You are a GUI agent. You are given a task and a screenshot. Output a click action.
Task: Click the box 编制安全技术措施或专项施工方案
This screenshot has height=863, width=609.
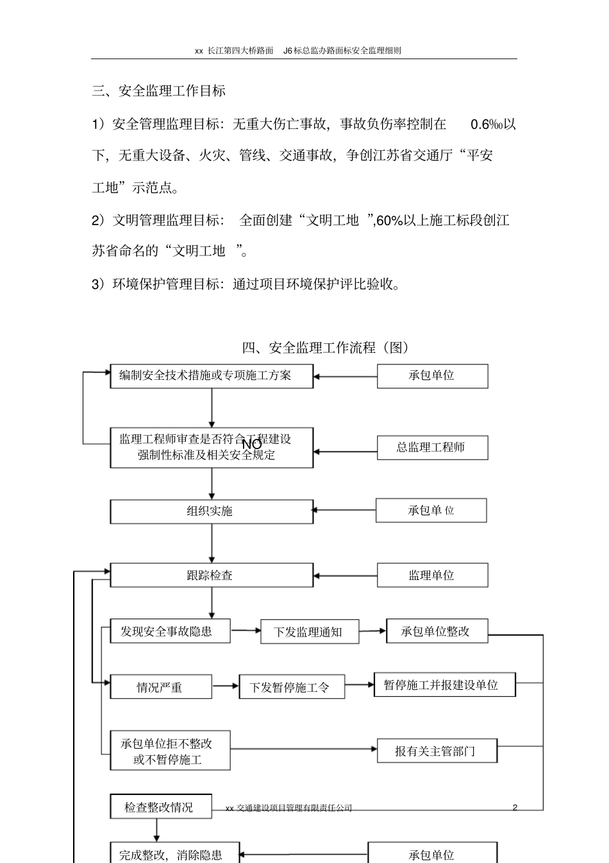click(x=212, y=376)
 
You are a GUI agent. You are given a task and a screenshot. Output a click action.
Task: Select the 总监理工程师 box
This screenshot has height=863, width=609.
click(x=432, y=448)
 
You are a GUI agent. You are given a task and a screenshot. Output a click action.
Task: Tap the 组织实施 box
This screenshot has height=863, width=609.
click(x=212, y=511)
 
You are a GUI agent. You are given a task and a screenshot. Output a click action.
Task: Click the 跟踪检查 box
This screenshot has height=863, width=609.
click(x=212, y=575)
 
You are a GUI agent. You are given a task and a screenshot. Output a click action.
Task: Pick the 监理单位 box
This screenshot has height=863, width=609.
click(x=432, y=576)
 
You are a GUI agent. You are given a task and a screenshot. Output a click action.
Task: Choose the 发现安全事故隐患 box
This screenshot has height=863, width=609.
click(x=170, y=631)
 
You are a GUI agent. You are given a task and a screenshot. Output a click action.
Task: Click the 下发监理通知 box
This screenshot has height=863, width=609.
click(x=310, y=632)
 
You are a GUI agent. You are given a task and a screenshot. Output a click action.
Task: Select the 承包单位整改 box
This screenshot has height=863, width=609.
click(x=437, y=631)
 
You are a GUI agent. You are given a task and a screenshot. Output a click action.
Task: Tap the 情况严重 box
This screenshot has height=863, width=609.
click(x=161, y=687)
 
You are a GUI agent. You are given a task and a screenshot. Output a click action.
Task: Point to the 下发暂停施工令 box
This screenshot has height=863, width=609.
click(x=292, y=688)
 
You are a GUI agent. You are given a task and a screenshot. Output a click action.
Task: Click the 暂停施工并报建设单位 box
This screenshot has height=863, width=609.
click(x=444, y=685)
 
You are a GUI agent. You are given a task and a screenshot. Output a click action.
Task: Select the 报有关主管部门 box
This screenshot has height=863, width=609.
click(x=437, y=751)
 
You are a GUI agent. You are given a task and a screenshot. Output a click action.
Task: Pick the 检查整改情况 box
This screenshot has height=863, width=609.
click(x=160, y=807)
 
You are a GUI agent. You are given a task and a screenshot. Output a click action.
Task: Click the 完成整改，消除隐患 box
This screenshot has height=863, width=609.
click(x=174, y=854)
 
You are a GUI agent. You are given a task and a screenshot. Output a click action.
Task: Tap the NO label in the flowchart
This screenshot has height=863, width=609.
click(x=251, y=443)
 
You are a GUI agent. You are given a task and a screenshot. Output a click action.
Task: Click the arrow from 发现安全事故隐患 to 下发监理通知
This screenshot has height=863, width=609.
click(x=246, y=631)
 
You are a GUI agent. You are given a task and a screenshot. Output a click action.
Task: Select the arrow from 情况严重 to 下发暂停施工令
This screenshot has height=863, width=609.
click(x=226, y=687)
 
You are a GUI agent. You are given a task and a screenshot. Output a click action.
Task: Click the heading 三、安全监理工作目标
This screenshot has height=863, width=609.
click(x=159, y=91)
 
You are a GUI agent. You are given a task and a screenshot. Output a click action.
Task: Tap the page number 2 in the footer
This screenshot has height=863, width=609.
click(x=515, y=808)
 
